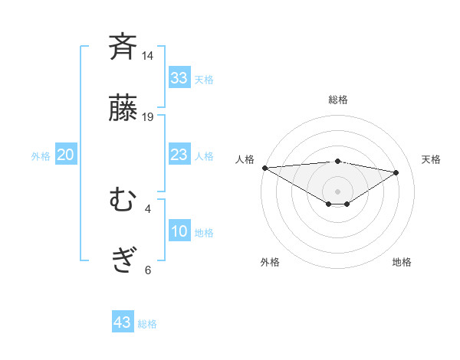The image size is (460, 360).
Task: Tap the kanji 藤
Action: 123,108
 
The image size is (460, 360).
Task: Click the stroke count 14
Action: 148,56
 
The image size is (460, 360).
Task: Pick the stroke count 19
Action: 148,117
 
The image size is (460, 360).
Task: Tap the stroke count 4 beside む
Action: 148,208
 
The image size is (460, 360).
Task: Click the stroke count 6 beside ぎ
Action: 148,270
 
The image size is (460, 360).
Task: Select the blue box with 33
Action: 179,77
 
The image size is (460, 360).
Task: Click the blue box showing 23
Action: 179,155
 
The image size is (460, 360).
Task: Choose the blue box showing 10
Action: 179,231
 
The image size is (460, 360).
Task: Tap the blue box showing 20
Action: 65,155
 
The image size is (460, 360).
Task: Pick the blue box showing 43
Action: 123,322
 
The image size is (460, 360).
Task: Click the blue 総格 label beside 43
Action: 147,324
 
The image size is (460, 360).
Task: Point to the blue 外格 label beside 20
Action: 41,156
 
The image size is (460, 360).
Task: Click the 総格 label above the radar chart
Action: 337,100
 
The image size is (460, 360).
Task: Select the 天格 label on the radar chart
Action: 431,159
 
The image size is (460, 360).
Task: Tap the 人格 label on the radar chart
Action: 245,159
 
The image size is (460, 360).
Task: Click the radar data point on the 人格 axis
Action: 264,168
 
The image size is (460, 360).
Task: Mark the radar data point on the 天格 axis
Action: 396,172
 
